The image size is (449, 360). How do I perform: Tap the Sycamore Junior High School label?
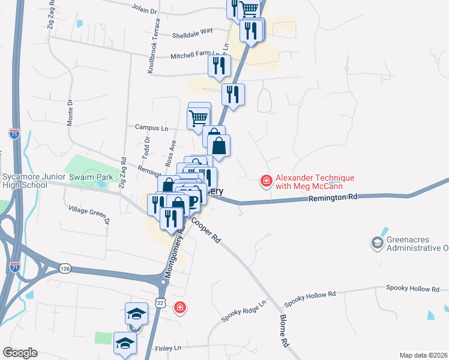(x=24, y=181)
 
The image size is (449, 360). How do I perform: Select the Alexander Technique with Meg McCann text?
(x=315, y=182)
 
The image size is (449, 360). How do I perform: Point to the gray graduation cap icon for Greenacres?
(x=377, y=242)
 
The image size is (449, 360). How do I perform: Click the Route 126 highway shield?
(x=65, y=268)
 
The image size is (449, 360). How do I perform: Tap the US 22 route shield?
(x=161, y=304)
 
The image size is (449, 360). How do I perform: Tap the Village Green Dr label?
(x=89, y=214)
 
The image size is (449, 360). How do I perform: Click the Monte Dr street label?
(x=71, y=110)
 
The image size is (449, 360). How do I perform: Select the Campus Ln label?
(x=151, y=128)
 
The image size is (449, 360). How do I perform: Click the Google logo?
(x=20, y=353)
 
